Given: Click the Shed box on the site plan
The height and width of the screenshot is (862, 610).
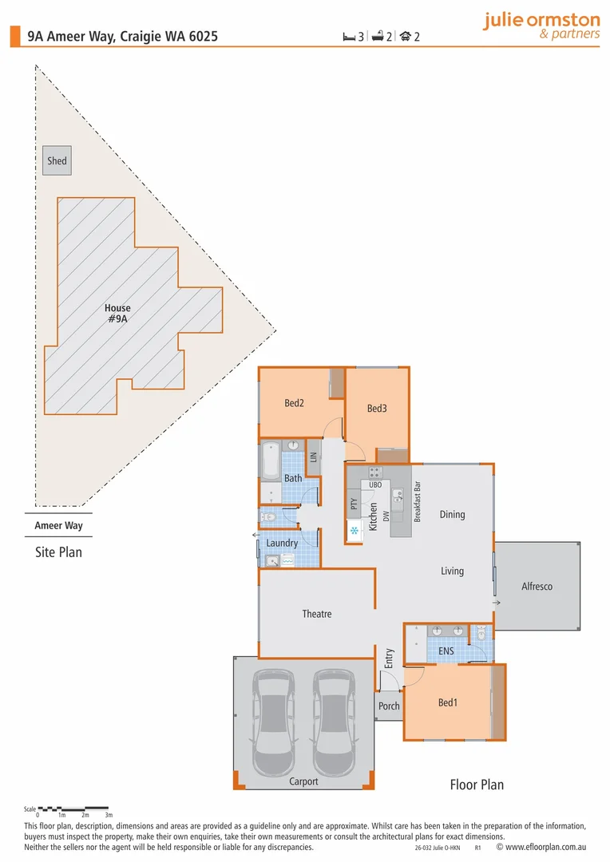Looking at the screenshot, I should (x=57, y=160).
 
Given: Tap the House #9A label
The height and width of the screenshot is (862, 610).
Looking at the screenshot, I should (x=117, y=313).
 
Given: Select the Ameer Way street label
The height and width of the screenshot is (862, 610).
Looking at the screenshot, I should (x=58, y=526).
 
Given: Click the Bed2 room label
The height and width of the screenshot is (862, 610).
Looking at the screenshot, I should (x=294, y=403).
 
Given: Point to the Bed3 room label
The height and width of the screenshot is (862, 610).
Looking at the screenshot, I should (x=377, y=409).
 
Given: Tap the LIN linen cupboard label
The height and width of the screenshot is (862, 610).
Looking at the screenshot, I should (x=314, y=457).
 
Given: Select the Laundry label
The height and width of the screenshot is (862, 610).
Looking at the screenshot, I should (x=282, y=543).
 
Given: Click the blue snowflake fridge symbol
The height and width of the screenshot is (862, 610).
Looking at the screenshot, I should (x=354, y=530).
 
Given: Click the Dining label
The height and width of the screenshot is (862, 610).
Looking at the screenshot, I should (x=452, y=515).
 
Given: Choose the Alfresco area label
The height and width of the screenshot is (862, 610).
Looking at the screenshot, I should (x=537, y=587).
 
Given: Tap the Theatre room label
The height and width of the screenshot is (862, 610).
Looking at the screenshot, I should (x=316, y=614).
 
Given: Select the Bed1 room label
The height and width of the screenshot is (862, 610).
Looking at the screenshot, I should (x=447, y=703).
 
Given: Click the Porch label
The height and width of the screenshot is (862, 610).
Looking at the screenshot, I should (x=389, y=706).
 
